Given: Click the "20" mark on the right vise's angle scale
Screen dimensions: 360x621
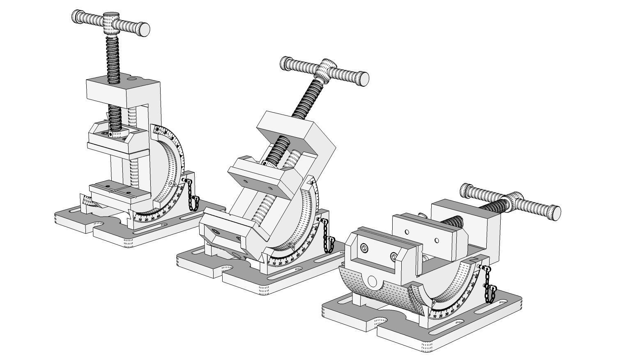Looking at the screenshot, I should (x=441, y=316).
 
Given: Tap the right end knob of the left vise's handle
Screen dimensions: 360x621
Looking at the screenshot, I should (x=143, y=29).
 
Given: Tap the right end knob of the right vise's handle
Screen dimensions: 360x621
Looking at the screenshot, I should (x=555, y=212).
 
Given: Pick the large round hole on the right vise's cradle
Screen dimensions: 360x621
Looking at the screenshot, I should (x=373, y=281).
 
